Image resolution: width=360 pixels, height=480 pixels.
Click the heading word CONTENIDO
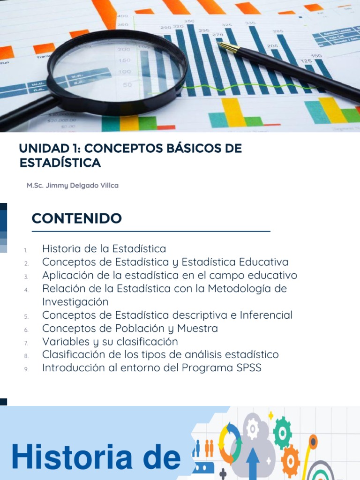76,218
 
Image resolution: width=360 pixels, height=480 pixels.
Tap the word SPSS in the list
247,368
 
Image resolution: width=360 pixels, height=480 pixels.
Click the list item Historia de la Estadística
104,248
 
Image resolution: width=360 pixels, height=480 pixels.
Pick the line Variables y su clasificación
110,341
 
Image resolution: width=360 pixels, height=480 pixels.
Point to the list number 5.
27,316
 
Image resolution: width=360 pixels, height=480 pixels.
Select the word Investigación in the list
75,301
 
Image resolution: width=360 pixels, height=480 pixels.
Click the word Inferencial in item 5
266,315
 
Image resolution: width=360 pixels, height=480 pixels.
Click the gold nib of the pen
227,46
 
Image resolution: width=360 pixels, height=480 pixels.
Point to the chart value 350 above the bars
189,22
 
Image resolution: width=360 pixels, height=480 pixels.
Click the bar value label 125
306,61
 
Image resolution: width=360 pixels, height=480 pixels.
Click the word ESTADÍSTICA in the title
60,163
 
